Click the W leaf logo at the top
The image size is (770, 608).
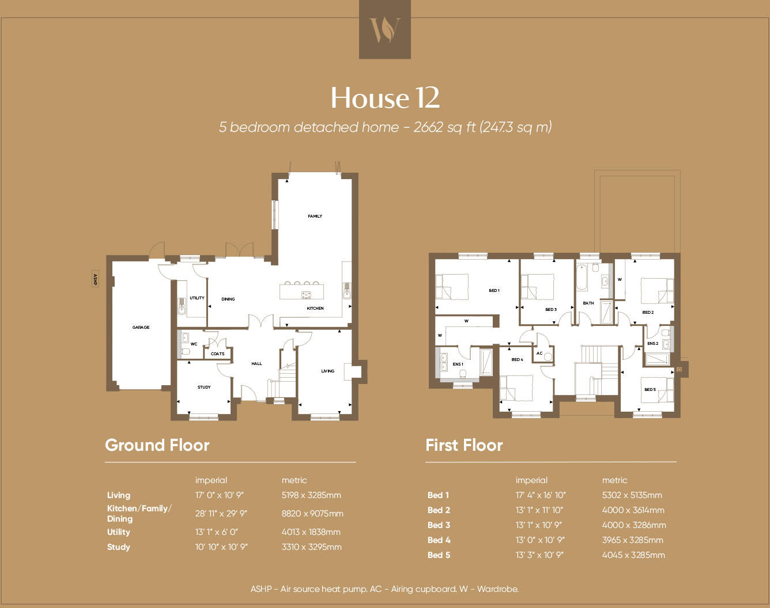click(x=384, y=29)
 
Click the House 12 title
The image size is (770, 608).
click(x=385, y=98)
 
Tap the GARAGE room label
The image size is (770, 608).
click(x=141, y=327)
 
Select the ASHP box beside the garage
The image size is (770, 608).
click(x=95, y=279)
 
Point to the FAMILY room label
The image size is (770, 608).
click(x=315, y=216)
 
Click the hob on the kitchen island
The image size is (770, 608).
click(x=305, y=295)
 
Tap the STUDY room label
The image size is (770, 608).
click(x=204, y=387)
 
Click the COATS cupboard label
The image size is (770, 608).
click(x=217, y=354)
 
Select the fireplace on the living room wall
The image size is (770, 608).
click(x=353, y=371)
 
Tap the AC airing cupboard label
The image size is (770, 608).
click(x=539, y=354)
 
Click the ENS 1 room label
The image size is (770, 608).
click(x=458, y=364)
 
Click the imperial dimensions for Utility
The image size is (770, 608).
click(x=216, y=532)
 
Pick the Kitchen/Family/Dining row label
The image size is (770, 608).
click(x=139, y=513)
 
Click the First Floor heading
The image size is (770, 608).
click(x=463, y=445)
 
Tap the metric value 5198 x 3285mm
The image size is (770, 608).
click(x=311, y=495)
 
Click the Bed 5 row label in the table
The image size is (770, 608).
click(x=439, y=555)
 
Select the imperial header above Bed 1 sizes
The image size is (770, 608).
click(x=531, y=480)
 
